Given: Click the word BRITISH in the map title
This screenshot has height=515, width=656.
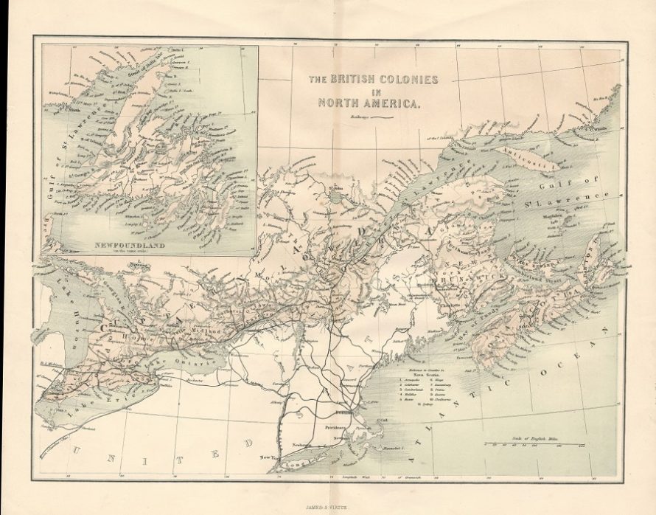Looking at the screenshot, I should point(355,79).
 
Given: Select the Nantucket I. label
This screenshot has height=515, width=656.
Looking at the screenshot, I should point(394,448).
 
